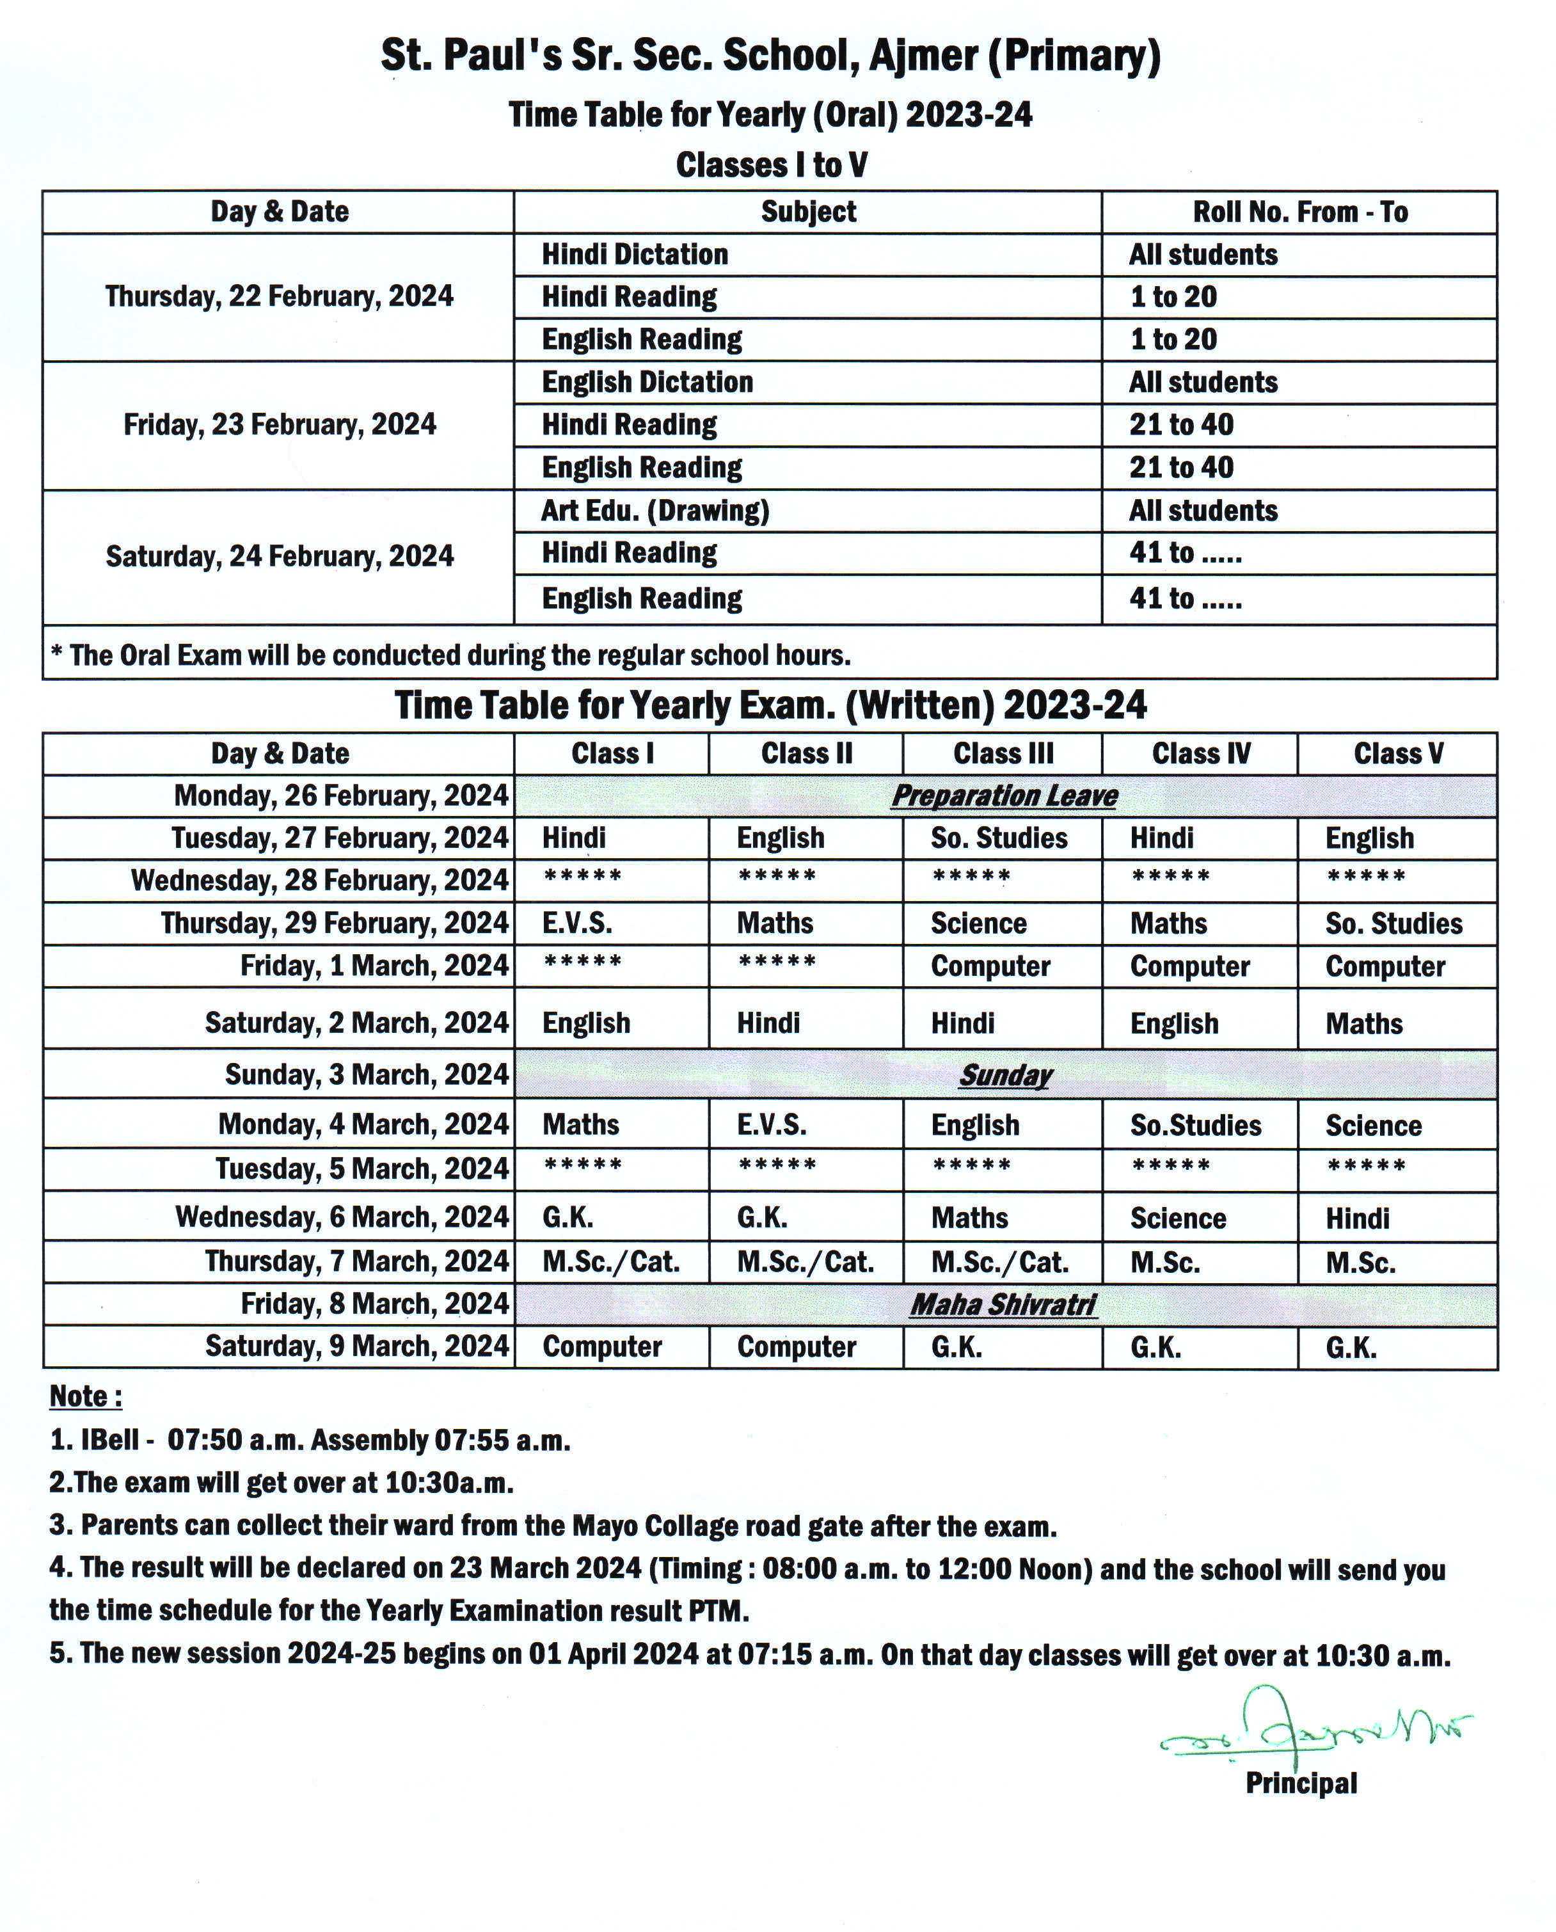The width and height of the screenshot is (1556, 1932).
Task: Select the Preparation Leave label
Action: [1004, 795]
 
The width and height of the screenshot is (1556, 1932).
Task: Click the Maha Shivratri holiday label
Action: [1003, 1304]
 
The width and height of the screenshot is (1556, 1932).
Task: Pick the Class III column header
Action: [1003, 753]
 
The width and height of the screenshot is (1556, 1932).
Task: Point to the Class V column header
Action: [1397, 753]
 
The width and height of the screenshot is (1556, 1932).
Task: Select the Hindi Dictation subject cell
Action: [635, 255]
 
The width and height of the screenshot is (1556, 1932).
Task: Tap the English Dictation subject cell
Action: [647, 382]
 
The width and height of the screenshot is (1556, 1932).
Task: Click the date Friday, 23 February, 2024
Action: [280, 424]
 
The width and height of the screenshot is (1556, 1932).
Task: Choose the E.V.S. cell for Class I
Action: [577, 923]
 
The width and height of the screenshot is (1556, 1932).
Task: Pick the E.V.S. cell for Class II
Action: [771, 1124]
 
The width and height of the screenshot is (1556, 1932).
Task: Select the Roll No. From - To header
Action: [1299, 212]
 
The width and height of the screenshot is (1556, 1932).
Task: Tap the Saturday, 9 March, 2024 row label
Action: [357, 1346]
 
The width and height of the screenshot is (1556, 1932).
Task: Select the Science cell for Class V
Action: [1373, 1125]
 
